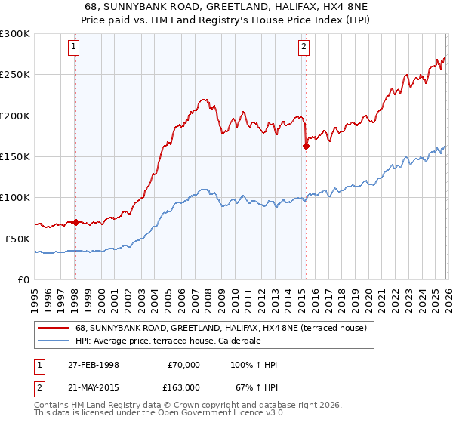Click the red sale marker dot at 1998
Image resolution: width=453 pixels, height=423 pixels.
tap(75, 222)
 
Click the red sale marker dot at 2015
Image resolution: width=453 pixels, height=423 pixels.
tap(306, 147)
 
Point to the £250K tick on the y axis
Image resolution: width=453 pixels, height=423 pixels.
tap(15, 75)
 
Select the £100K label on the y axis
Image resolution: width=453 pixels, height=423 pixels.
tap(15, 198)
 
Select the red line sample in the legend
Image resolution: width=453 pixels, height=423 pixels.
tap(54, 328)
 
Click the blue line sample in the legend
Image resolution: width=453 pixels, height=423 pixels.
tap(54, 341)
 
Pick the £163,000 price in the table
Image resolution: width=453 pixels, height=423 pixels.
tap(182, 387)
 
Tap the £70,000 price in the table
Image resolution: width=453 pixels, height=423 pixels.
tap(183, 365)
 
